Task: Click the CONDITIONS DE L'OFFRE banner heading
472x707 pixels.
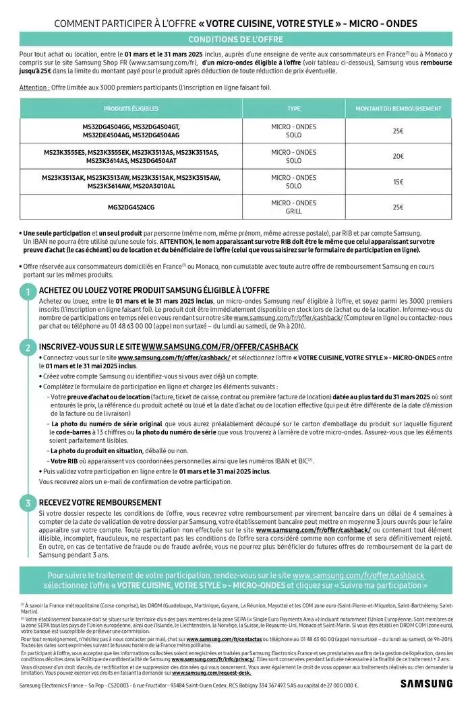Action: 235,40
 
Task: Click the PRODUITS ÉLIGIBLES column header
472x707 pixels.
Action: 127,108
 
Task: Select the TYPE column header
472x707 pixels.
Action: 294,108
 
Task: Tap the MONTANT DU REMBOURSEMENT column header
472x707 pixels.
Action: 399,108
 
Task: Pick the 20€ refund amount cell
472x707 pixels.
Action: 399,156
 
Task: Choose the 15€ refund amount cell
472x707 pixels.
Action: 399,182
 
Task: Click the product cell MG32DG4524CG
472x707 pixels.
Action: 127,207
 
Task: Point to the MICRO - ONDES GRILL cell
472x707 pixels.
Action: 294,207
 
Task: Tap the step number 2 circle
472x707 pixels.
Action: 28,348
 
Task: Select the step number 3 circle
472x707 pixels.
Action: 28,503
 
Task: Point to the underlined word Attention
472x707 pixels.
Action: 34,88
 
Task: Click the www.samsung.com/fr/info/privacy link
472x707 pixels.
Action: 206,659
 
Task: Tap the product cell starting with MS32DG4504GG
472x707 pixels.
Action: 127,131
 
